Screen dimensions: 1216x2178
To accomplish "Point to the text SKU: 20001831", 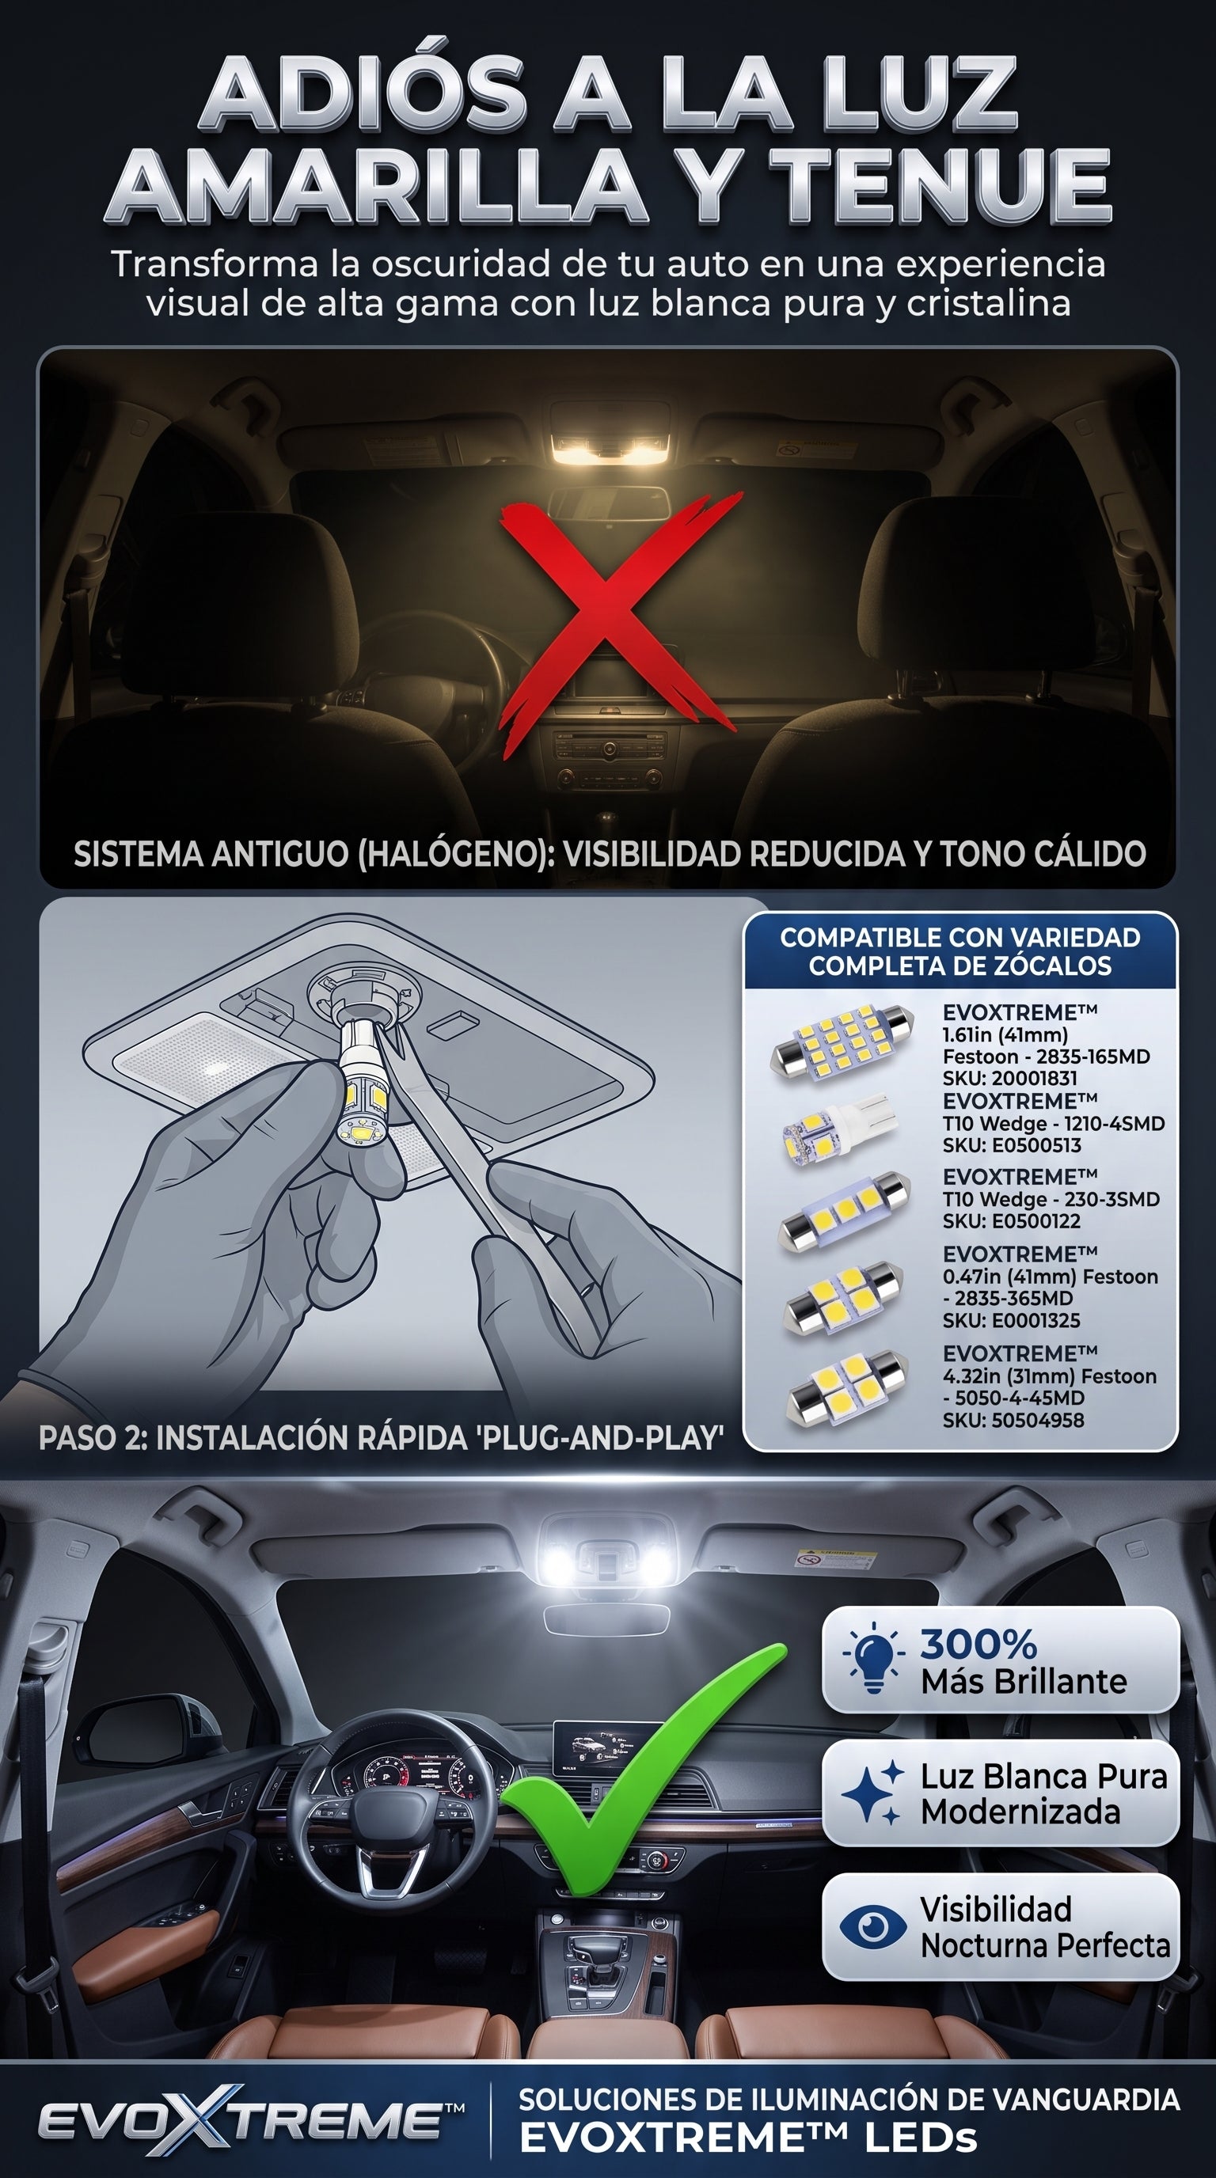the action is click(x=1009, y=1078).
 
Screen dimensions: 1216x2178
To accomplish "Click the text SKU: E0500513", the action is click(x=1012, y=1146).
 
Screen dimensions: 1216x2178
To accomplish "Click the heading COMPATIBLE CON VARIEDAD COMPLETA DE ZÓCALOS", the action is click(x=959, y=951).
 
